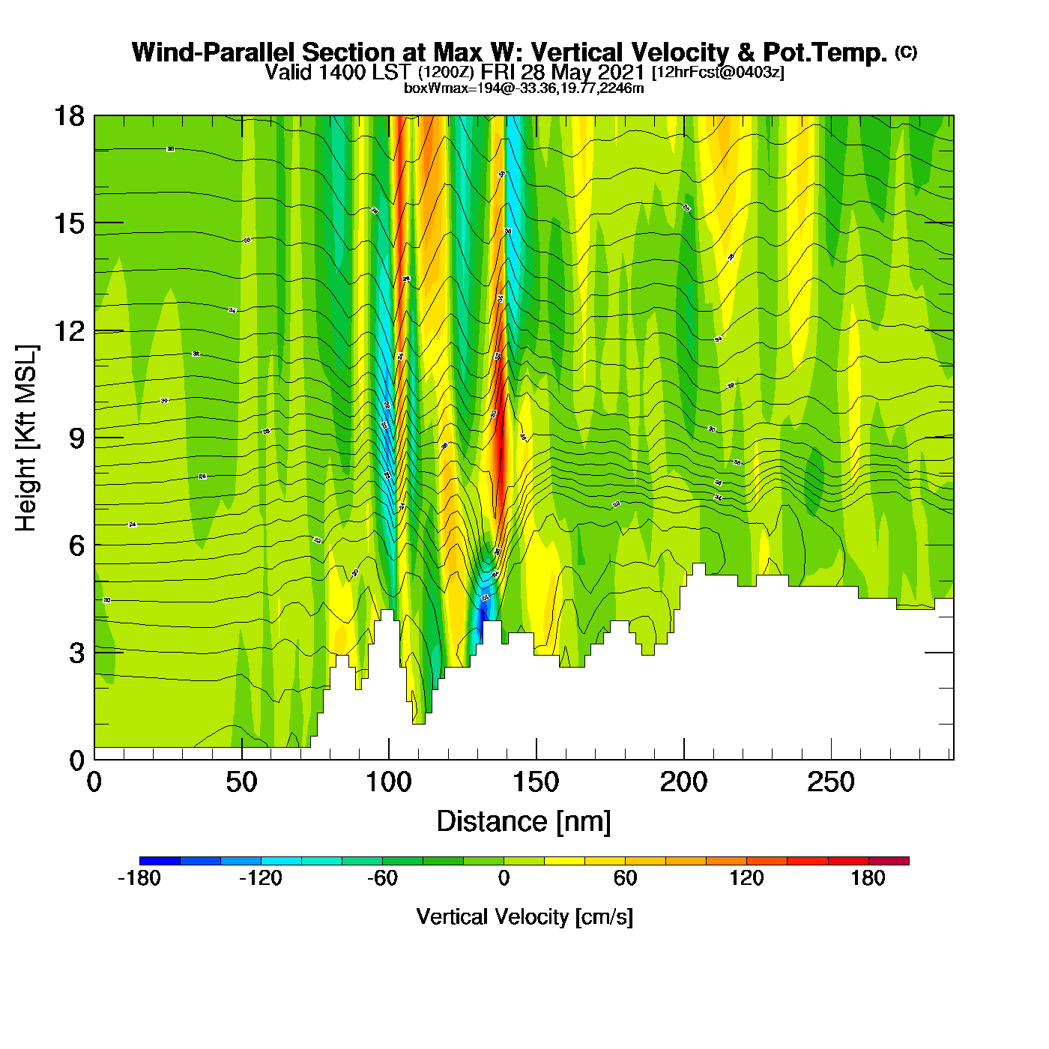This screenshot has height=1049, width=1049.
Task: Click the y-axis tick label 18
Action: (69, 116)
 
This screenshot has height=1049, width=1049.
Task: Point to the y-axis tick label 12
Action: (69, 330)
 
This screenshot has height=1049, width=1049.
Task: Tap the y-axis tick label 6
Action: (76, 545)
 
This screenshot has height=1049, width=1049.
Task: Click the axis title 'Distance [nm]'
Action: (524, 822)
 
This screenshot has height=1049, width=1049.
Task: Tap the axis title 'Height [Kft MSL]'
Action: (26, 438)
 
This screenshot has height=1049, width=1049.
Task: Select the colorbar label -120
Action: (260, 878)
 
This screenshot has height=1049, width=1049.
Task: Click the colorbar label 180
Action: (868, 878)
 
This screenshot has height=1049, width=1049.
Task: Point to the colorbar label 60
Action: (625, 878)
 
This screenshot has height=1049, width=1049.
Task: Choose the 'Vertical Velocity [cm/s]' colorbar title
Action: (524, 916)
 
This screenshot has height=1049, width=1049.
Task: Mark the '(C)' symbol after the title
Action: (906, 52)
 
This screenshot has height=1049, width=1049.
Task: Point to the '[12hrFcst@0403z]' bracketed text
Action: (718, 73)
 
